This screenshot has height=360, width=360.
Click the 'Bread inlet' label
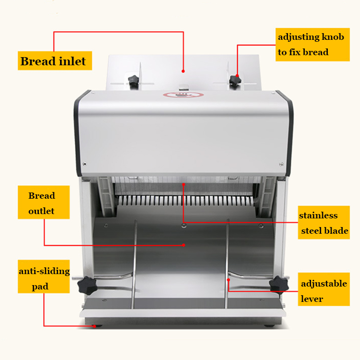point(55,60)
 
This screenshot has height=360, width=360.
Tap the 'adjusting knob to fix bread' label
point(312,45)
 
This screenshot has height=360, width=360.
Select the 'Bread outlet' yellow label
point(44,202)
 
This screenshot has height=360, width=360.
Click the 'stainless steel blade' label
point(324,222)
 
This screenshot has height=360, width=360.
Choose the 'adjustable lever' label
point(324,289)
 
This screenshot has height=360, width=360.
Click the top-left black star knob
point(133,80)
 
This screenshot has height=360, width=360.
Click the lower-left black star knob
point(87,286)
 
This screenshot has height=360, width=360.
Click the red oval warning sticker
point(183,95)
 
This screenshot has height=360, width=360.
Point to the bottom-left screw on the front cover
point(84,164)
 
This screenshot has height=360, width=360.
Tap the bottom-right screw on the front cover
point(281,164)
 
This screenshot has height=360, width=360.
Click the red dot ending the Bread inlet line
point(183,72)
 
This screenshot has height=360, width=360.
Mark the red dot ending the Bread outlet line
point(184,245)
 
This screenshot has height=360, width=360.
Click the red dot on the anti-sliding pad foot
point(95,326)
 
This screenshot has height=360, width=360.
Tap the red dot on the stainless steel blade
point(184,184)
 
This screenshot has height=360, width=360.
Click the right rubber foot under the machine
point(269,325)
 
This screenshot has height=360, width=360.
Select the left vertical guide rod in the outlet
point(134,264)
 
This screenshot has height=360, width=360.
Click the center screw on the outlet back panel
point(184,226)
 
